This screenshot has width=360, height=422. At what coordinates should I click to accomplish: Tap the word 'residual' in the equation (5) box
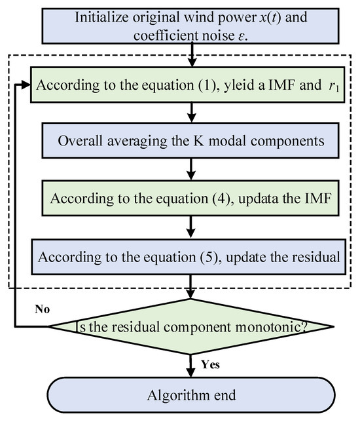tap(312, 256)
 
